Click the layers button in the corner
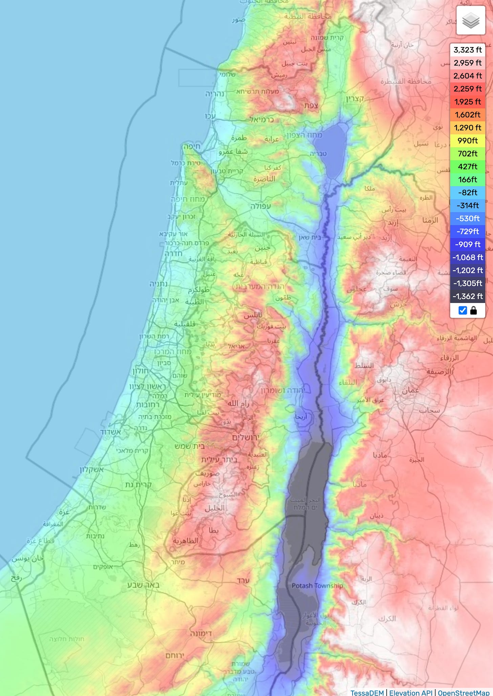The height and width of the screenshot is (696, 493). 471,20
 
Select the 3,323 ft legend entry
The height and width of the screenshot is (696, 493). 468,50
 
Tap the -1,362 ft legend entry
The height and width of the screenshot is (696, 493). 468,297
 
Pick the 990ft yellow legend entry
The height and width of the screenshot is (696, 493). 468,140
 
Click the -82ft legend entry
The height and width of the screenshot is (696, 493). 468,193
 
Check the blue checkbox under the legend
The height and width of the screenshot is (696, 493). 463,310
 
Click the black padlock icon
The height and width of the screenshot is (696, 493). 473,310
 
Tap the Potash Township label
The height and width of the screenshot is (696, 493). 317,586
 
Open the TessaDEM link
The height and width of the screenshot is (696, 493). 367,693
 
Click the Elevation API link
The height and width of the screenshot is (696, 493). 411,693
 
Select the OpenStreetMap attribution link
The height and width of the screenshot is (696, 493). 464,693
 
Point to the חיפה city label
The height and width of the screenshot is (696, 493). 192,147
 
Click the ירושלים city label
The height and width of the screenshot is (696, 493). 245,437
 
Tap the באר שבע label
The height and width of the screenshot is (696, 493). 143,585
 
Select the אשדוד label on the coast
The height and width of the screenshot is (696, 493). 110,432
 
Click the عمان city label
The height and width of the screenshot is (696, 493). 410,390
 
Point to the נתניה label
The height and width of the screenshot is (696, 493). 158,284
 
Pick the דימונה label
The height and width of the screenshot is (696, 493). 201,633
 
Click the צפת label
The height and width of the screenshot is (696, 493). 311,105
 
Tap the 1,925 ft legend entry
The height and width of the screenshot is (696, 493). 468,102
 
